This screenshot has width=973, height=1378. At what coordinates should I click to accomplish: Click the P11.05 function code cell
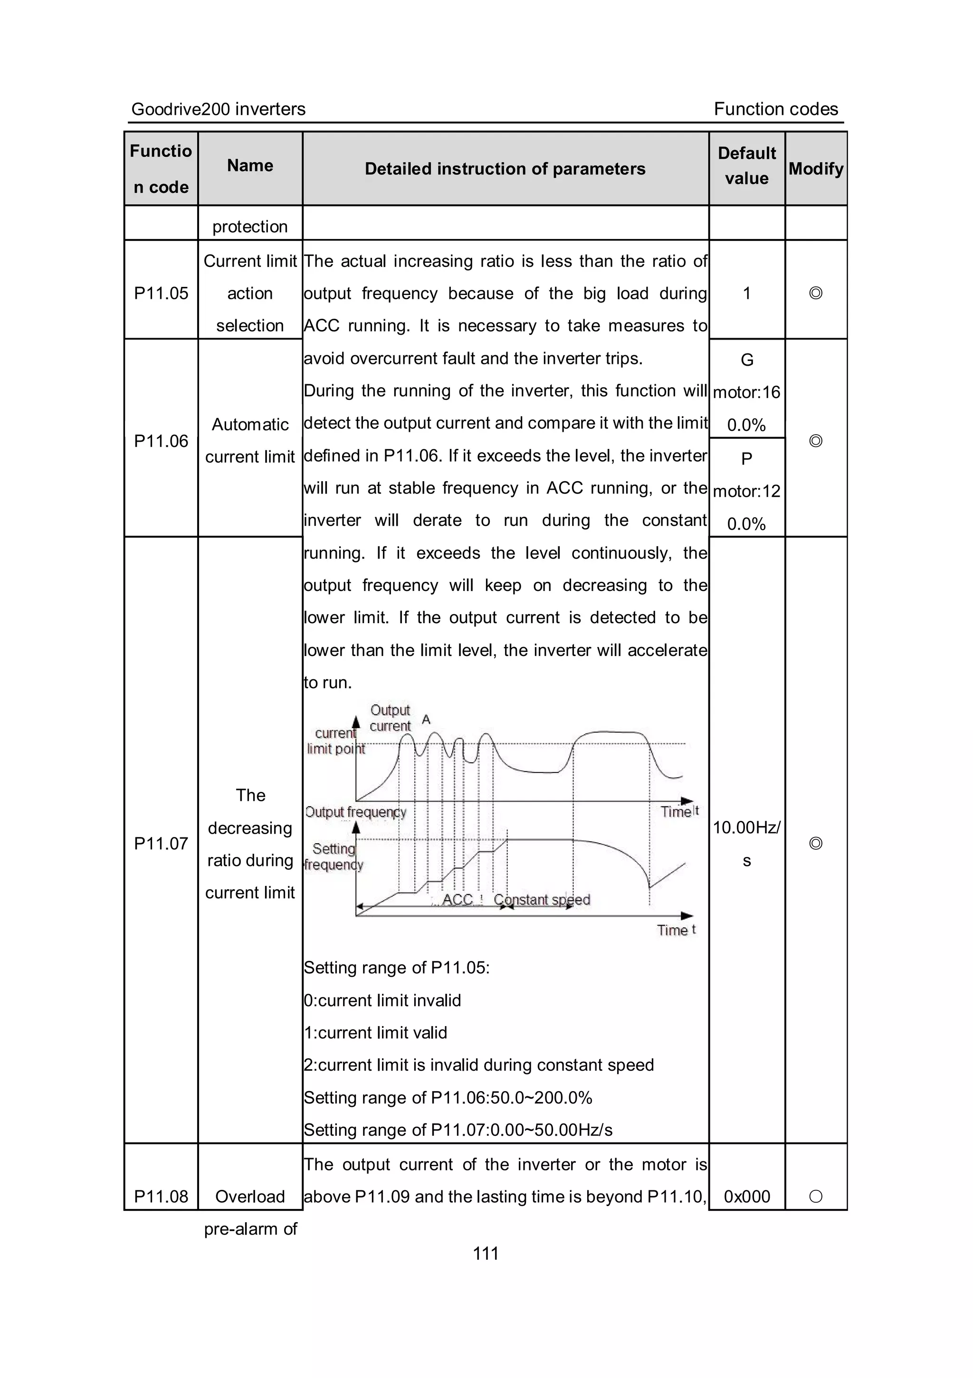click(x=161, y=293)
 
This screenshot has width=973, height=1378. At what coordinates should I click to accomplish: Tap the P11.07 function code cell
click(x=161, y=843)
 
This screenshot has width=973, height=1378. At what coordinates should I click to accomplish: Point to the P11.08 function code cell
click(x=161, y=1196)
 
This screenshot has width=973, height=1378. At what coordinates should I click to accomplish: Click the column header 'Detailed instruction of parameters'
click(x=505, y=169)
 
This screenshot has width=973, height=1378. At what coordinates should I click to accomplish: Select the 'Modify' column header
click(x=816, y=169)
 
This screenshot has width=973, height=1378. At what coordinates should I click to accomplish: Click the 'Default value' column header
click(x=747, y=166)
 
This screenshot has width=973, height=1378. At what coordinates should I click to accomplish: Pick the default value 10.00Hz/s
click(x=747, y=843)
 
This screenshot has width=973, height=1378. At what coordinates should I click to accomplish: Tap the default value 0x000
click(x=747, y=1196)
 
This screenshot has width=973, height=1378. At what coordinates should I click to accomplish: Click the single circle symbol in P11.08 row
click(x=816, y=1196)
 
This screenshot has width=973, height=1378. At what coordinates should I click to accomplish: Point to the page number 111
click(x=486, y=1253)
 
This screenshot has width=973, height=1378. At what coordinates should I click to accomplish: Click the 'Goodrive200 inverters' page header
click(x=219, y=109)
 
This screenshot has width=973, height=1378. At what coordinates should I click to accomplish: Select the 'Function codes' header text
click(x=775, y=109)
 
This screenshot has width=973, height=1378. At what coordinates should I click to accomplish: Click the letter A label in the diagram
click(x=426, y=719)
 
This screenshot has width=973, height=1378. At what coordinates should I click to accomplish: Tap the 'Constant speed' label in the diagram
click(x=542, y=900)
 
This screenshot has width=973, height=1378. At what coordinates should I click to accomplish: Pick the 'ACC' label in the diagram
click(x=458, y=900)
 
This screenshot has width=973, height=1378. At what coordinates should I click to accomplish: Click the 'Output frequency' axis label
click(x=355, y=812)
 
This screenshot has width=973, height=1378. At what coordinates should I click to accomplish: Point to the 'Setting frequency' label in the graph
click(x=334, y=856)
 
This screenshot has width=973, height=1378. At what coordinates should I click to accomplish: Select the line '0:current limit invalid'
click(x=382, y=1000)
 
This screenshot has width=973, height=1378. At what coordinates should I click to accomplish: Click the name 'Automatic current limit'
click(x=250, y=440)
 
